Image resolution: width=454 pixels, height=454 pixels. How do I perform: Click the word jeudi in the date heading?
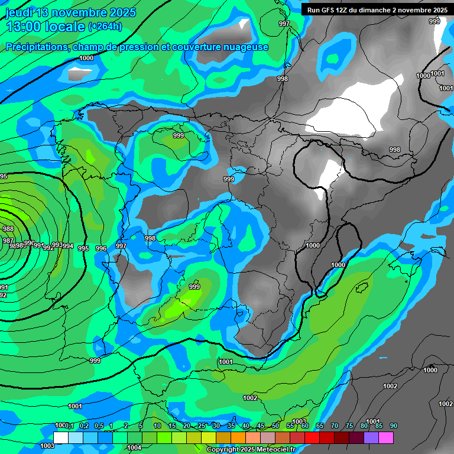[x=19, y=12]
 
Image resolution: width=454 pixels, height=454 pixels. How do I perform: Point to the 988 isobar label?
[x=8, y=229]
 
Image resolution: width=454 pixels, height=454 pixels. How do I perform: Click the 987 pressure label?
[x=8, y=241]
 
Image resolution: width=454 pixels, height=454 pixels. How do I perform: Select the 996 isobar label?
[x=101, y=249]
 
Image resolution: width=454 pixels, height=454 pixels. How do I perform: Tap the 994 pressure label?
[x=68, y=247]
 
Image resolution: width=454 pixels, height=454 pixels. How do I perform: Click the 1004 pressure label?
[x=134, y=447]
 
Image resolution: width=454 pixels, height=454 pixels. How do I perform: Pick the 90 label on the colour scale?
[x=393, y=426]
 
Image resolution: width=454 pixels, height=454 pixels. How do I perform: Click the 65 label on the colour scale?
[x=319, y=426]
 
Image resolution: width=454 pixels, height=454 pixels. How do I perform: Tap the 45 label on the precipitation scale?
[x=261, y=426]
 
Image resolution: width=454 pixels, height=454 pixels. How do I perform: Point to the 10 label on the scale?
[x=157, y=426]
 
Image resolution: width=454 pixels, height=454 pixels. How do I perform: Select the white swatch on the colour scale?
[x=60, y=437]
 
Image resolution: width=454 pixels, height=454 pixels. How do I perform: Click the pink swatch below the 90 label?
[x=386, y=437]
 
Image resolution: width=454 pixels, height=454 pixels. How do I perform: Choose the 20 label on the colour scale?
[x=186, y=426]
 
